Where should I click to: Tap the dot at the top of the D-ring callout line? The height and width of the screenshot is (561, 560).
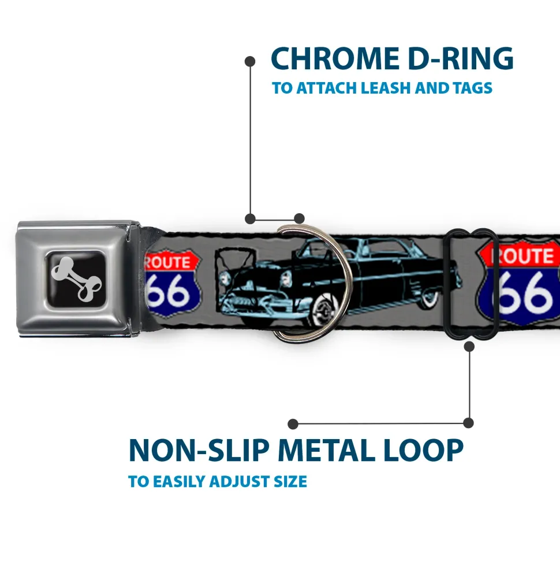click(250, 60)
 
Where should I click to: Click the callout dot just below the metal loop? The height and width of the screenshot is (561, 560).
click(469, 347)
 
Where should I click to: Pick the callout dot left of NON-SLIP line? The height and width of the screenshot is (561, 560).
click(293, 424)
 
